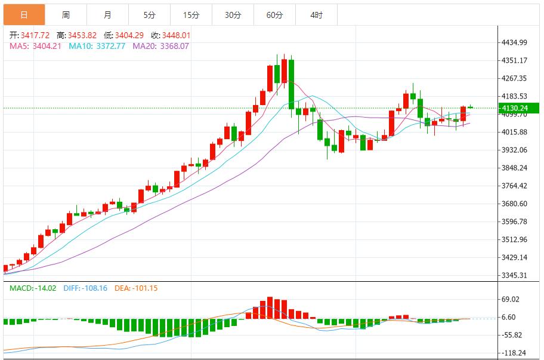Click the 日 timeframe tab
[24, 15]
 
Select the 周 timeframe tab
[66, 15]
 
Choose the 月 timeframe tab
[107, 15]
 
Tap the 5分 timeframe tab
[149, 15]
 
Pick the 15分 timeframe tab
[191, 15]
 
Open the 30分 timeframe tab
[233, 15]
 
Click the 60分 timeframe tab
[274, 15]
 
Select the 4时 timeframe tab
[316, 15]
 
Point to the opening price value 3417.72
[35, 35]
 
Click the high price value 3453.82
[82, 35]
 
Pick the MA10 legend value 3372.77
[110, 46]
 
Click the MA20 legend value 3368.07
[174, 46]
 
